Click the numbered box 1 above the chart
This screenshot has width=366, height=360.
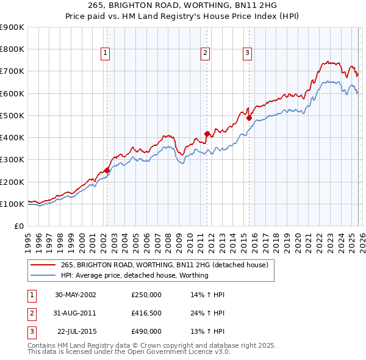pyautogui.click(x=106, y=54)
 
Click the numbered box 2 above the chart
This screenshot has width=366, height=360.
pyautogui.click(x=206, y=54)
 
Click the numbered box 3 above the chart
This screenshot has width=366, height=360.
pyautogui.click(x=248, y=54)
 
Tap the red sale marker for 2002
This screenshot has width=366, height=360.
pyautogui.click(x=107, y=170)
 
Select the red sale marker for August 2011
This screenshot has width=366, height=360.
pyautogui.click(x=207, y=134)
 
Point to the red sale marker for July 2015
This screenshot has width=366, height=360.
pyautogui.click(x=249, y=118)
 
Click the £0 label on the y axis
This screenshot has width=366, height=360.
pyautogui.click(x=18, y=226)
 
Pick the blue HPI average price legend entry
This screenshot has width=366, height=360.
pyautogui.click(x=134, y=275)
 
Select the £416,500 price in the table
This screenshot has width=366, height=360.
pyautogui.click(x=146, y=313)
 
